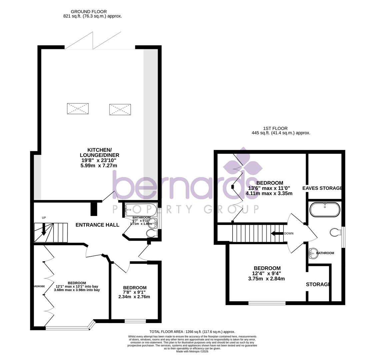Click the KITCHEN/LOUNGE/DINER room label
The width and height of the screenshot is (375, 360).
click(99, 153)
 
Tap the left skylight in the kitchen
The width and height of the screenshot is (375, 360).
click(78, 109)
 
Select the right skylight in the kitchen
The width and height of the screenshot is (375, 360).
click(120, 109)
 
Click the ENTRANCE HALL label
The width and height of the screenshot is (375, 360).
click(97, 225)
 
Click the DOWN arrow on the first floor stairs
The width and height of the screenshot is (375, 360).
click(277, 233)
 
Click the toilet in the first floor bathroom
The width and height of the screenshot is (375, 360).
click(335, 232)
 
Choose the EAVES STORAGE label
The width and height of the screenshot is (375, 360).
click(322, 188)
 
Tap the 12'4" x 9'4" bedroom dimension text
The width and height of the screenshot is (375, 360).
click(267, 274)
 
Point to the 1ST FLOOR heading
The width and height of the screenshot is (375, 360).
click(275, 128)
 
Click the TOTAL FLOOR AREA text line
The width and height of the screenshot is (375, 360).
click(192, 332)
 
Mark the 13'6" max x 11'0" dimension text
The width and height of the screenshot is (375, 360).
click(269, 188)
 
